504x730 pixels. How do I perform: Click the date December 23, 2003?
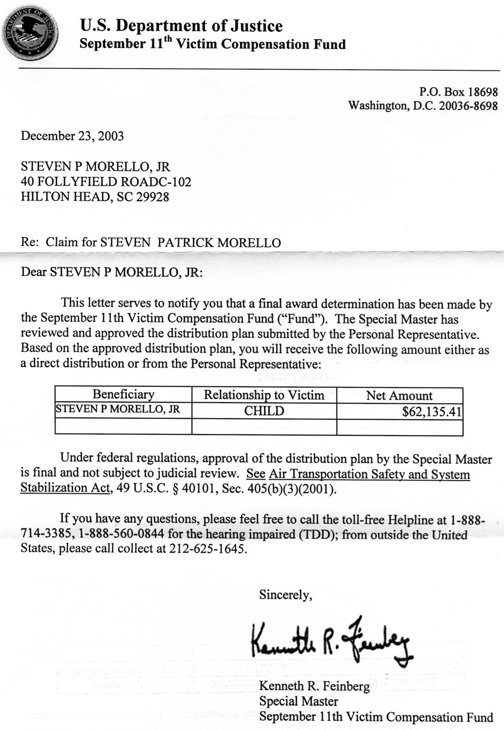click(x=72, y=136)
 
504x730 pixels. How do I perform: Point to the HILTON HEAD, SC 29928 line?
click(x=95, y=197)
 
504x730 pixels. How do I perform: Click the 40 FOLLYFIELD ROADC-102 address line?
click(x=106, y=182)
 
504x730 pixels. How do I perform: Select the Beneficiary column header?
click(x=123, y=394)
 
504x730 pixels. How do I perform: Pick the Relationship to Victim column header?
click(x=264, y=395)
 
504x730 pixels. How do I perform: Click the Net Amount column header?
click(x=399, y=395)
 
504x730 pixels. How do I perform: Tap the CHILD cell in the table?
click(x=264, y=411)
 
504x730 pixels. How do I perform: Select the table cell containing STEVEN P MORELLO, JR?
click(x=118, y=409)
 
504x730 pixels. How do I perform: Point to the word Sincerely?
click(x=285, y=595)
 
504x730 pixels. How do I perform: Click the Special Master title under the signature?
click(x=298, y=701)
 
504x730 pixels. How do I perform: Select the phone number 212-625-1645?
click(x=208, y=548)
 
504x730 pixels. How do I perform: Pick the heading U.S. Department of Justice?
click(x=181, y=25)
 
